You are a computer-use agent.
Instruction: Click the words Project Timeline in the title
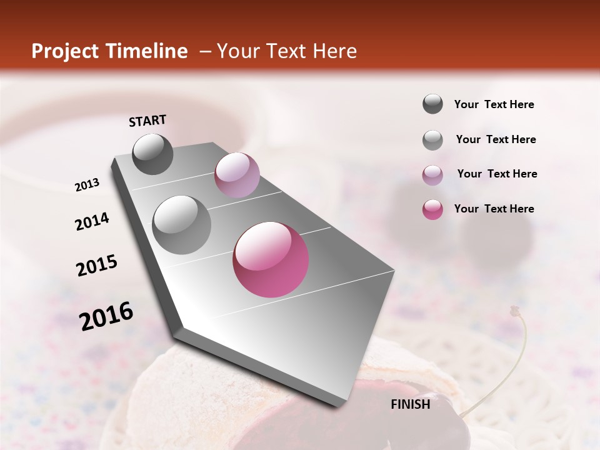click(109, 51)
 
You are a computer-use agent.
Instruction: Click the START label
click(147, 121)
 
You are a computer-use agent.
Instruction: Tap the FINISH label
click(411, 404)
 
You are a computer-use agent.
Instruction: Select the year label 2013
click(87, 185)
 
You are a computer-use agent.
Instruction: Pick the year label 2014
click(92, 222)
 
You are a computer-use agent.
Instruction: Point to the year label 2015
click(97, 266)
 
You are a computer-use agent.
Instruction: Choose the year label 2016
click(106, 316)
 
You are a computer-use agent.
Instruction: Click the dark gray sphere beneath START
click(152, 154)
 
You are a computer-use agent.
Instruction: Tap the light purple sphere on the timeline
click(237, 175)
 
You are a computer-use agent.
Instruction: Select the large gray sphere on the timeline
click(182, 224)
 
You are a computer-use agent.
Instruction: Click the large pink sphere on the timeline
click(271, 259)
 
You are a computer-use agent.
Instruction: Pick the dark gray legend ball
click(432, 104)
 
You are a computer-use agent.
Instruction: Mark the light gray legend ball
click(432, 140)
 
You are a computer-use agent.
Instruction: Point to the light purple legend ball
click(432, 175)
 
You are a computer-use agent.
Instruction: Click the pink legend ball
click(432, 209)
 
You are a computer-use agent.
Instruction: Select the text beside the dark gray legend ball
click(494, 105)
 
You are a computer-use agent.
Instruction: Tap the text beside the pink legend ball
click(494, 209)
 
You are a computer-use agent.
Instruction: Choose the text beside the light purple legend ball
click(497, 174)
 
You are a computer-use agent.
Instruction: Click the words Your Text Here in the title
click(287, 51)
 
